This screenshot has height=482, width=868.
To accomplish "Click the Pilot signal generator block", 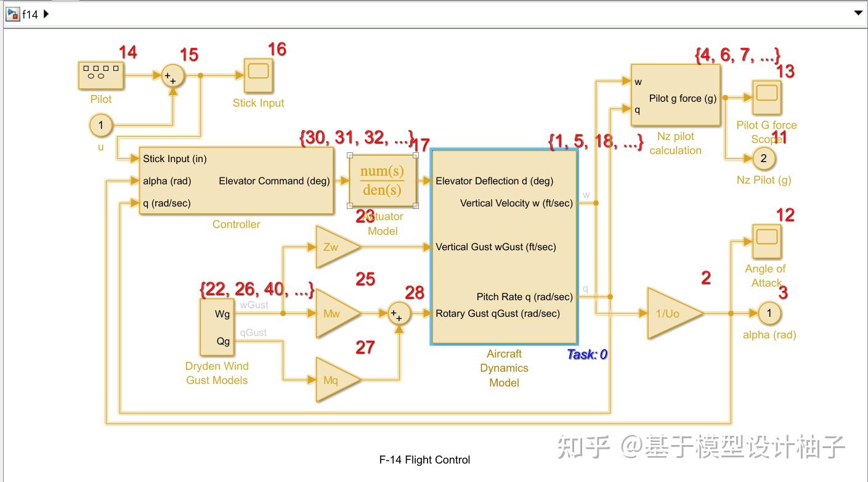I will pyautogui.click(x=100, y=75).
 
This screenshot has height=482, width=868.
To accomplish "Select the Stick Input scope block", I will pyautogui.click(x=259, y=75).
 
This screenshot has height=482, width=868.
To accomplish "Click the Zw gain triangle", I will pyautogui.click(x=335, y=247).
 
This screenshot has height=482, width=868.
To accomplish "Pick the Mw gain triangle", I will pyautogui.click(x=335, y=314).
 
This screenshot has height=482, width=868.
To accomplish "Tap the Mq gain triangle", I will pyautogui.click(x=335, y=380).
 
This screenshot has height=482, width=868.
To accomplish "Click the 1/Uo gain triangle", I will pyautogui.click(x=671, y=314).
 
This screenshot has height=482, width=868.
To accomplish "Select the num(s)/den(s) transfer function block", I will pyautogui.click(x=383, y=181).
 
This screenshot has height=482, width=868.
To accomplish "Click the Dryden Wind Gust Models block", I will pyautogui.click(x=217, y=327).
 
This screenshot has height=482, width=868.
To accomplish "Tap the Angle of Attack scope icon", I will pyautogui.click(x=766, y=241).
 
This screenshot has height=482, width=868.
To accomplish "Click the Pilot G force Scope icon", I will pyautogui.click(x=766, y=97).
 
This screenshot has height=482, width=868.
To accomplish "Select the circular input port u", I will pyautogui.click(x=101, y=126).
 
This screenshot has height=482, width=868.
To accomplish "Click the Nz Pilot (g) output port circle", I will pyautogui.click(x=764, y=158).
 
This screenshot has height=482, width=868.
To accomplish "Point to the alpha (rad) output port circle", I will pyautogui.click(x=769, y=313).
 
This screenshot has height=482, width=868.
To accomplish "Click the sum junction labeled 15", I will pyautogui.click(x=172, y=76).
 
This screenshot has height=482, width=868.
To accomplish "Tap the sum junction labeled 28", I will pyautogui.click(x=399, y=314).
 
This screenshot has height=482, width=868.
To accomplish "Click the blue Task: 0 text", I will pyautogui.click(x=587, y=354).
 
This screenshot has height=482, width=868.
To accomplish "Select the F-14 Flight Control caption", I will pyautogui.click(x=424, y=460).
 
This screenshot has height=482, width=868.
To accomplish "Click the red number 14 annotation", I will pyautogui.click(x=128, y=52).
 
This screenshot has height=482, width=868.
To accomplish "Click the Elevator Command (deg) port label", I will pyautogui.click(x=274, y=181).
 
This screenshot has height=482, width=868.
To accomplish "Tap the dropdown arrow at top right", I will pyautogui.click(x=858, y=13).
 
